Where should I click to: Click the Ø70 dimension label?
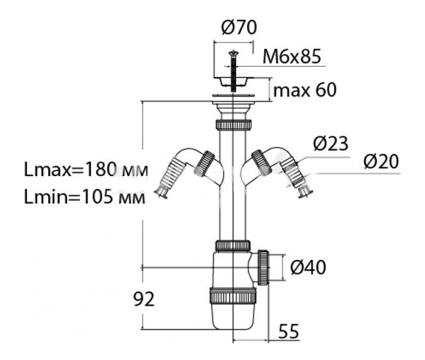[239, 28]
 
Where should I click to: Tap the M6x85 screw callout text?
[292, 56]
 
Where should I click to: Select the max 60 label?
[305, 90]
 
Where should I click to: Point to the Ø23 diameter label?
[331, 143]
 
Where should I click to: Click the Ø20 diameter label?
[381, 161]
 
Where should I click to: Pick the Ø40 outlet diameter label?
[308, 267]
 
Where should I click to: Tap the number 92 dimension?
[143, 299]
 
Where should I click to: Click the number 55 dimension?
[289, 331]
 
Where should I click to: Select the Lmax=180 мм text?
[86, 169]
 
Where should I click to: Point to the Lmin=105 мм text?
[84, 197]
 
